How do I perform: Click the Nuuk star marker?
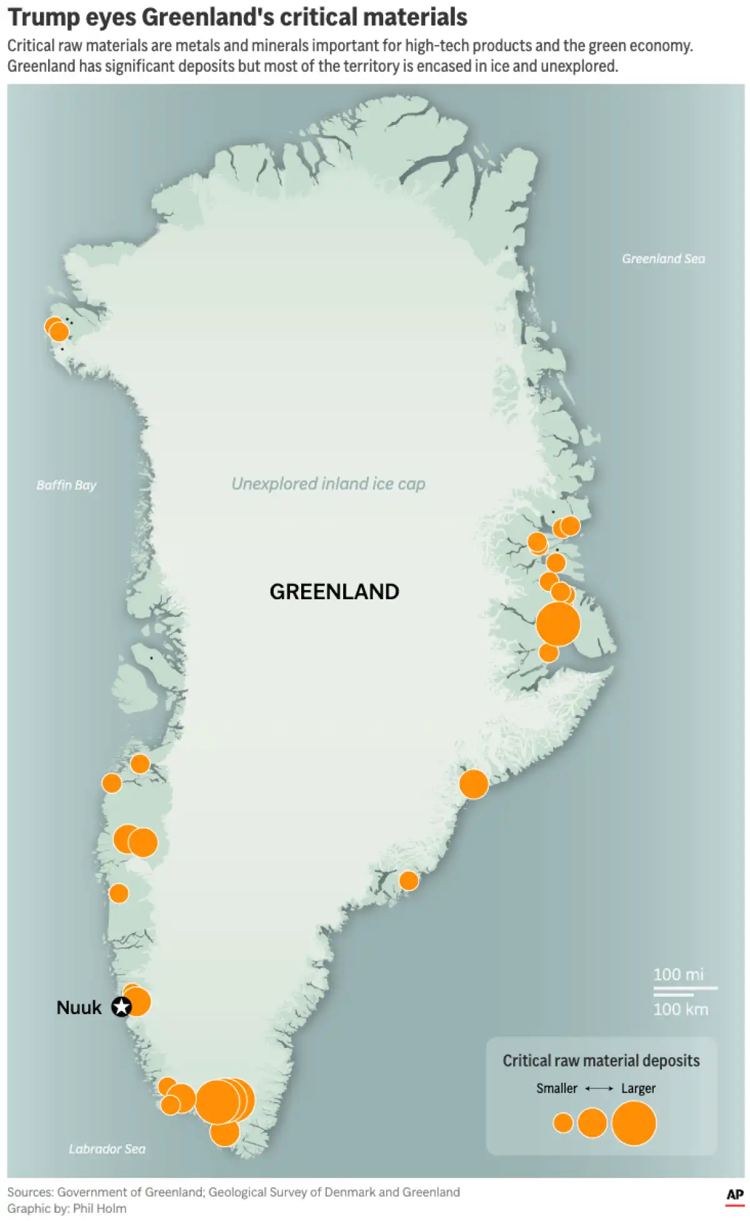pos(121,1007)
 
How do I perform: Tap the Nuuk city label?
pos(79,1007)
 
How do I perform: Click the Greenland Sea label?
pos(663,259)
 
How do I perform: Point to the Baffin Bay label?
pos(66,485)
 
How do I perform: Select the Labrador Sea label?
pos(107,1149)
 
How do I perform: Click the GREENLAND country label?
pos(334,592)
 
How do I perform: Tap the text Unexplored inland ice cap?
pos(328,484)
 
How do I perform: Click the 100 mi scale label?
pos(678,974)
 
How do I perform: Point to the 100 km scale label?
pos(681,1009)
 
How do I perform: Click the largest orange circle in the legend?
pos(634,1123)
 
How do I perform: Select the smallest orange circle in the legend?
pos(563,1122)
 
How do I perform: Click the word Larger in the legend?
pos(638,1089)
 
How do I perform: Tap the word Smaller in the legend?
pos(556,1089)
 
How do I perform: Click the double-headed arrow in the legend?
pos(599,1089)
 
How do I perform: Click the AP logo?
pos(735,1195)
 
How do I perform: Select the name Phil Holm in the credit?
pos(99,1209)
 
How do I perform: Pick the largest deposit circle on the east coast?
pos(558,624)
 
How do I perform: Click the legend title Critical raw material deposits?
pos(601,1060)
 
